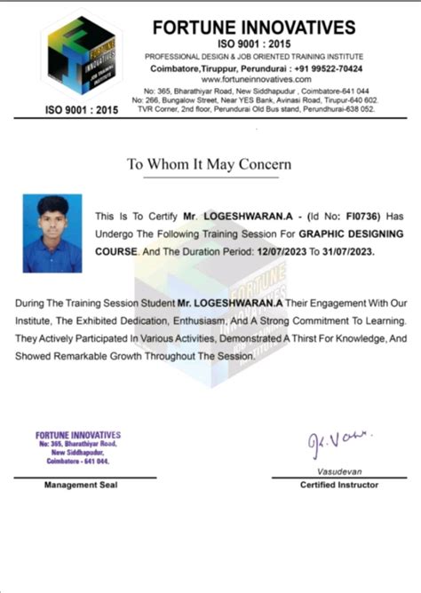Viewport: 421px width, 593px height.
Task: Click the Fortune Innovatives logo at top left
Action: (x=81, y=57)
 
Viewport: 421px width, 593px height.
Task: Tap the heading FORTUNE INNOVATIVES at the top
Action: (x=254, y=28)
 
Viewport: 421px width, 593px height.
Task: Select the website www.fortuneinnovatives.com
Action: (x=253, y=78)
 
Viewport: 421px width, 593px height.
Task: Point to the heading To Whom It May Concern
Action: (x=210, y=164)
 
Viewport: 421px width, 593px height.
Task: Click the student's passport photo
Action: (x=52, y=233)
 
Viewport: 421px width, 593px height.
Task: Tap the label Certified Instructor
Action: (x=339, y=485)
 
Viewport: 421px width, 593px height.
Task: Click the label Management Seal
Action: (x=80, y=485)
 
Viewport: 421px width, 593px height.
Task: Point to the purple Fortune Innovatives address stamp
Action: (x=78, y=448)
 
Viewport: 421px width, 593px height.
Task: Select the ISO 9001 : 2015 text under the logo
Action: (x=81, y=110)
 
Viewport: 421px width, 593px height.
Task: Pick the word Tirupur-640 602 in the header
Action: (x=349, y=100)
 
